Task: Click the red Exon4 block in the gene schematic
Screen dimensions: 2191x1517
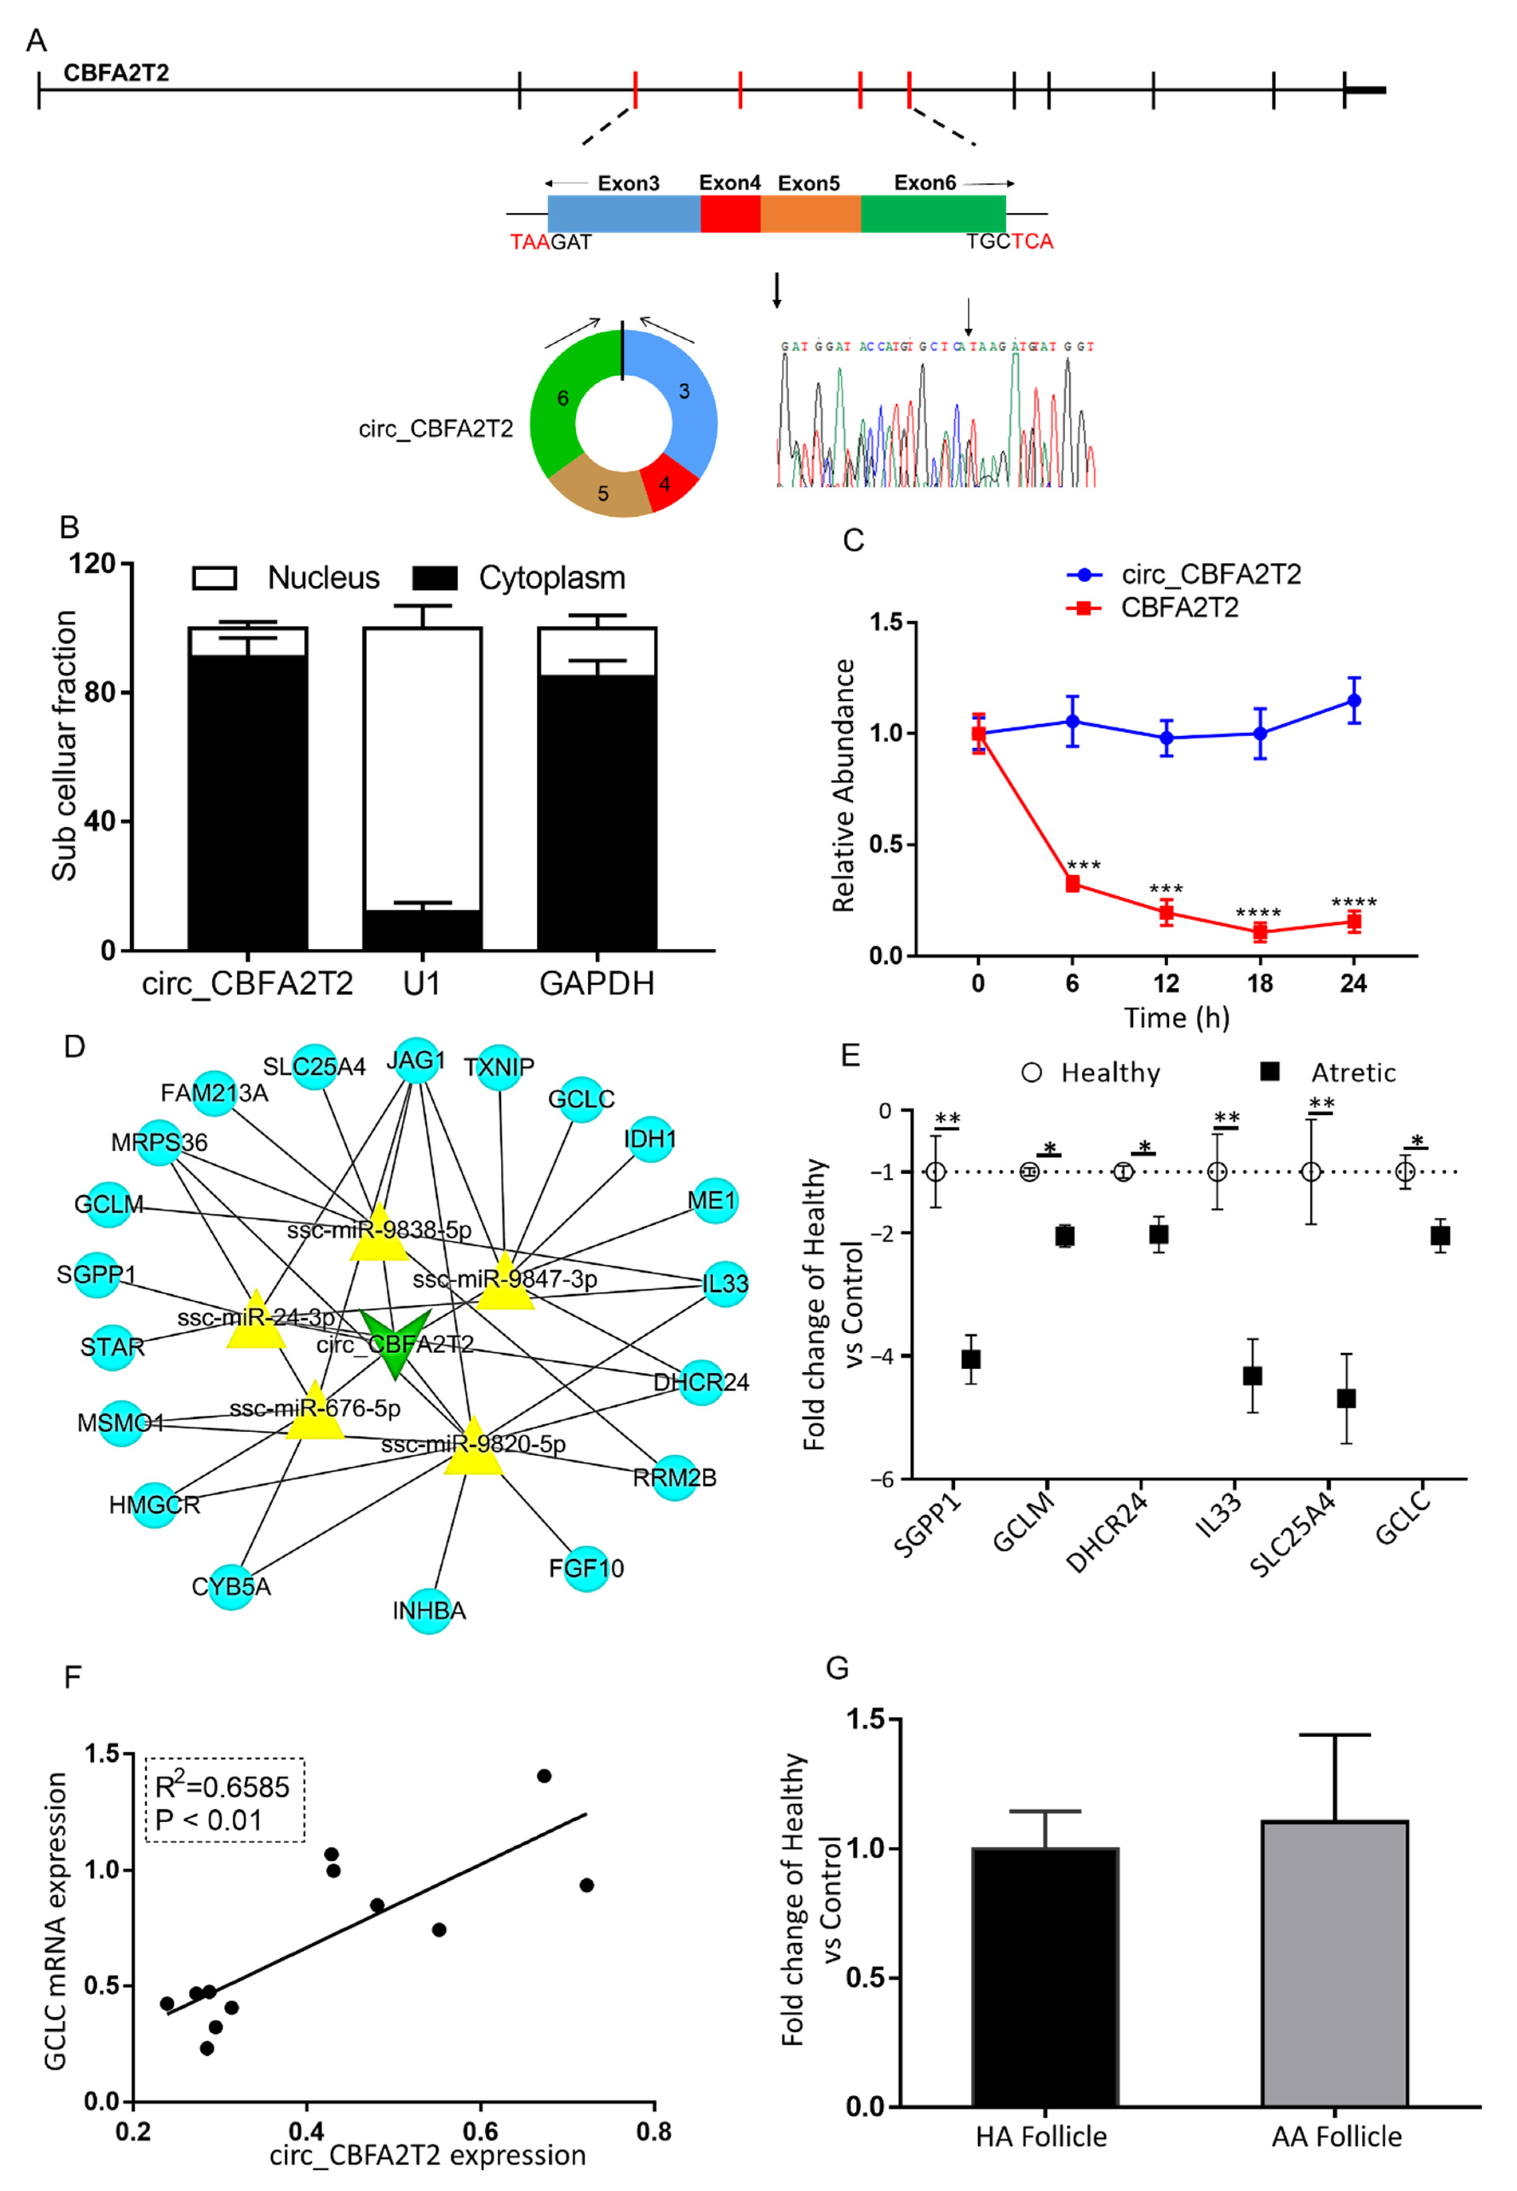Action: (x=730, y=214)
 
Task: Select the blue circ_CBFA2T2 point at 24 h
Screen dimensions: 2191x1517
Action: (x=1353, y=700)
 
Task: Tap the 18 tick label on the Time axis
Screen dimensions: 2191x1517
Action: (x=1259, y=984)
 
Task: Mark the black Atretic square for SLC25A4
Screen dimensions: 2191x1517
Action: (x=1346, y=1398)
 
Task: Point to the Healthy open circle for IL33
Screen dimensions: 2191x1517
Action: (x=1217, y=1172)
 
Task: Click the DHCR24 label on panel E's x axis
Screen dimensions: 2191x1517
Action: (x=1107, y=1531)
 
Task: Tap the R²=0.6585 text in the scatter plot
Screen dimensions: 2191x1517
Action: (x=222, y=1788)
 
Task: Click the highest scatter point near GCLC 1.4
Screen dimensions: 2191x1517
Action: (x=544, y=1776)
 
